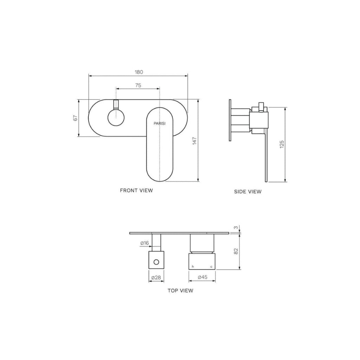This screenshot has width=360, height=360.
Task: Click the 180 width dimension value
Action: coord(139,72)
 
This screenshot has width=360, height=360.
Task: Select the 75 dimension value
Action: coord(138,85)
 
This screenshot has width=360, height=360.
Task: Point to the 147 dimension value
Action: coord(194,140)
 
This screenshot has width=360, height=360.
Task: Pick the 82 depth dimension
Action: coord(236,251)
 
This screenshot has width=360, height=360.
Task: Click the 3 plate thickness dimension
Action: coord(236,228)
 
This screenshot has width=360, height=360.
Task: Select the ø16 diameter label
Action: coord(144,243)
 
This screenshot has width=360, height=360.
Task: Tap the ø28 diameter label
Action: coord(156,278)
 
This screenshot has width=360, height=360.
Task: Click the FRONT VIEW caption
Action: coord(136,191)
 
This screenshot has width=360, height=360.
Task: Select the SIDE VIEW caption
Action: coord(248,192)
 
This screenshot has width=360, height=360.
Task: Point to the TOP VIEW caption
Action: coord(180,291)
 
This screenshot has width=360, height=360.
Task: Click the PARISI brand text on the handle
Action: coord(160,123)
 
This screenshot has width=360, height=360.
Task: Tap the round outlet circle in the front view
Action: coord(116,117)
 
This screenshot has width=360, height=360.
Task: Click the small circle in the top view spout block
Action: coord(157,262)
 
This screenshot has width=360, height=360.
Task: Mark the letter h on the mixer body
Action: coord(192,267)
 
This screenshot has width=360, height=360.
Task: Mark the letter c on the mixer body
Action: coord(211,267)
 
